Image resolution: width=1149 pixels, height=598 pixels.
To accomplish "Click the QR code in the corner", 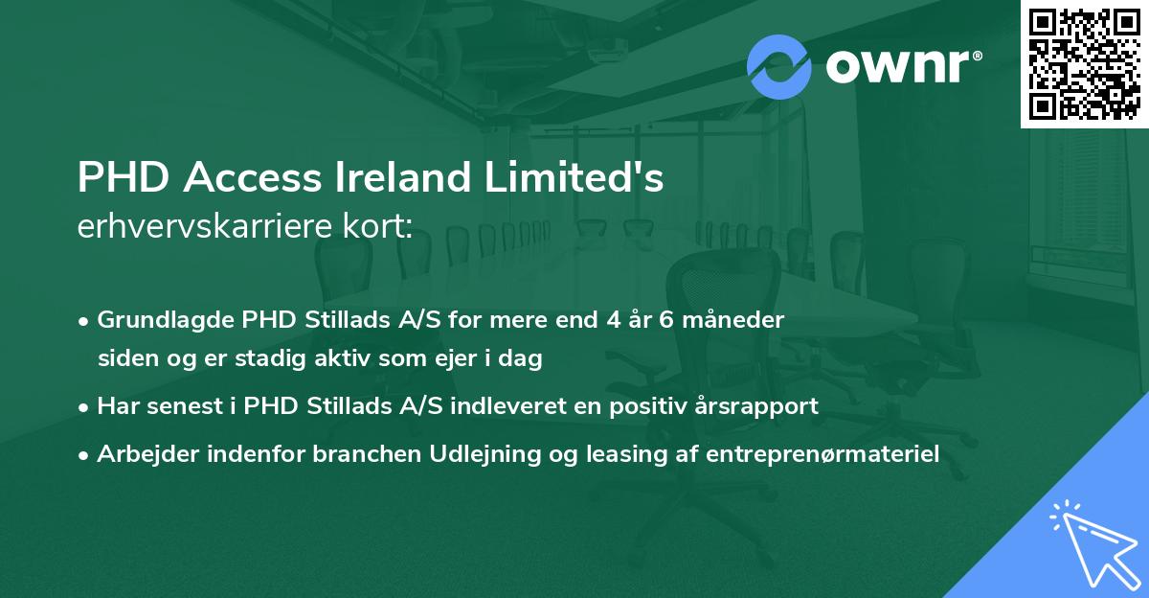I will click(x=1083, y=64).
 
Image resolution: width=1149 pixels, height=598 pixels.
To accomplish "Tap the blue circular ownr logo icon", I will click(x=779, y=66).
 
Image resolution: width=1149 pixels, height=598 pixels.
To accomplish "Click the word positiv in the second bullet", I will click(x=644, y=406).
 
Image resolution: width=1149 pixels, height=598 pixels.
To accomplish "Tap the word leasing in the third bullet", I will click(x=558, y=454).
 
